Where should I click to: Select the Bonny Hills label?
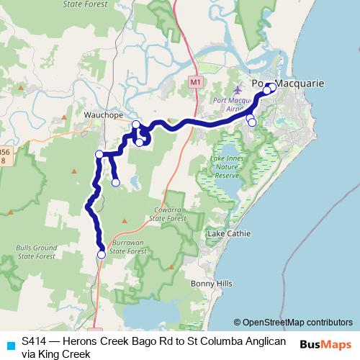coord(212,284)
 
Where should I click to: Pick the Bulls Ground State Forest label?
coord(36,252)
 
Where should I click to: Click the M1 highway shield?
coord(195,82)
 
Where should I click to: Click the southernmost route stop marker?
coord(102,254)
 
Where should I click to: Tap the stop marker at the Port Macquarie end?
coord(271,86)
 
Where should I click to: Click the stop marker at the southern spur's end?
coord(116,183)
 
